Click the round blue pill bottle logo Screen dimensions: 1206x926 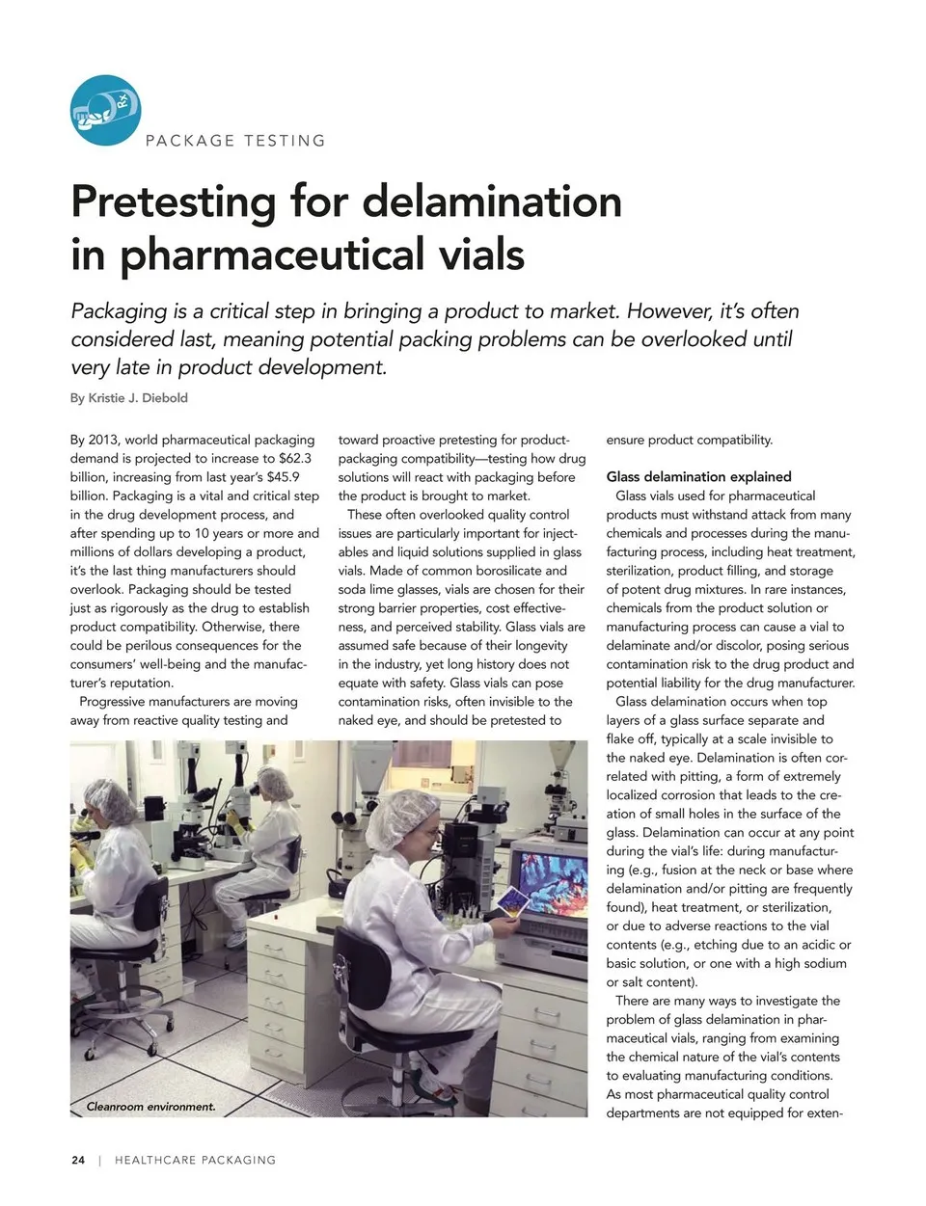point(105,111)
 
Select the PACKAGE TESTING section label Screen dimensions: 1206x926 point(234,141)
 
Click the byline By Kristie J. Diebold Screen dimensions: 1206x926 point(129,398)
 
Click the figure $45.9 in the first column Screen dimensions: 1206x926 point(283,477)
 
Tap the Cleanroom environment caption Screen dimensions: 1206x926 point(150,1107)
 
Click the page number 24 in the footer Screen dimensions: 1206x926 point(78,1160)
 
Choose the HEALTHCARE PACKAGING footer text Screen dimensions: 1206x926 point(195,1160)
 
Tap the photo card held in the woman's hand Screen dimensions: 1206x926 point(510,903)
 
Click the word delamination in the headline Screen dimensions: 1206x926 point(491,201)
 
